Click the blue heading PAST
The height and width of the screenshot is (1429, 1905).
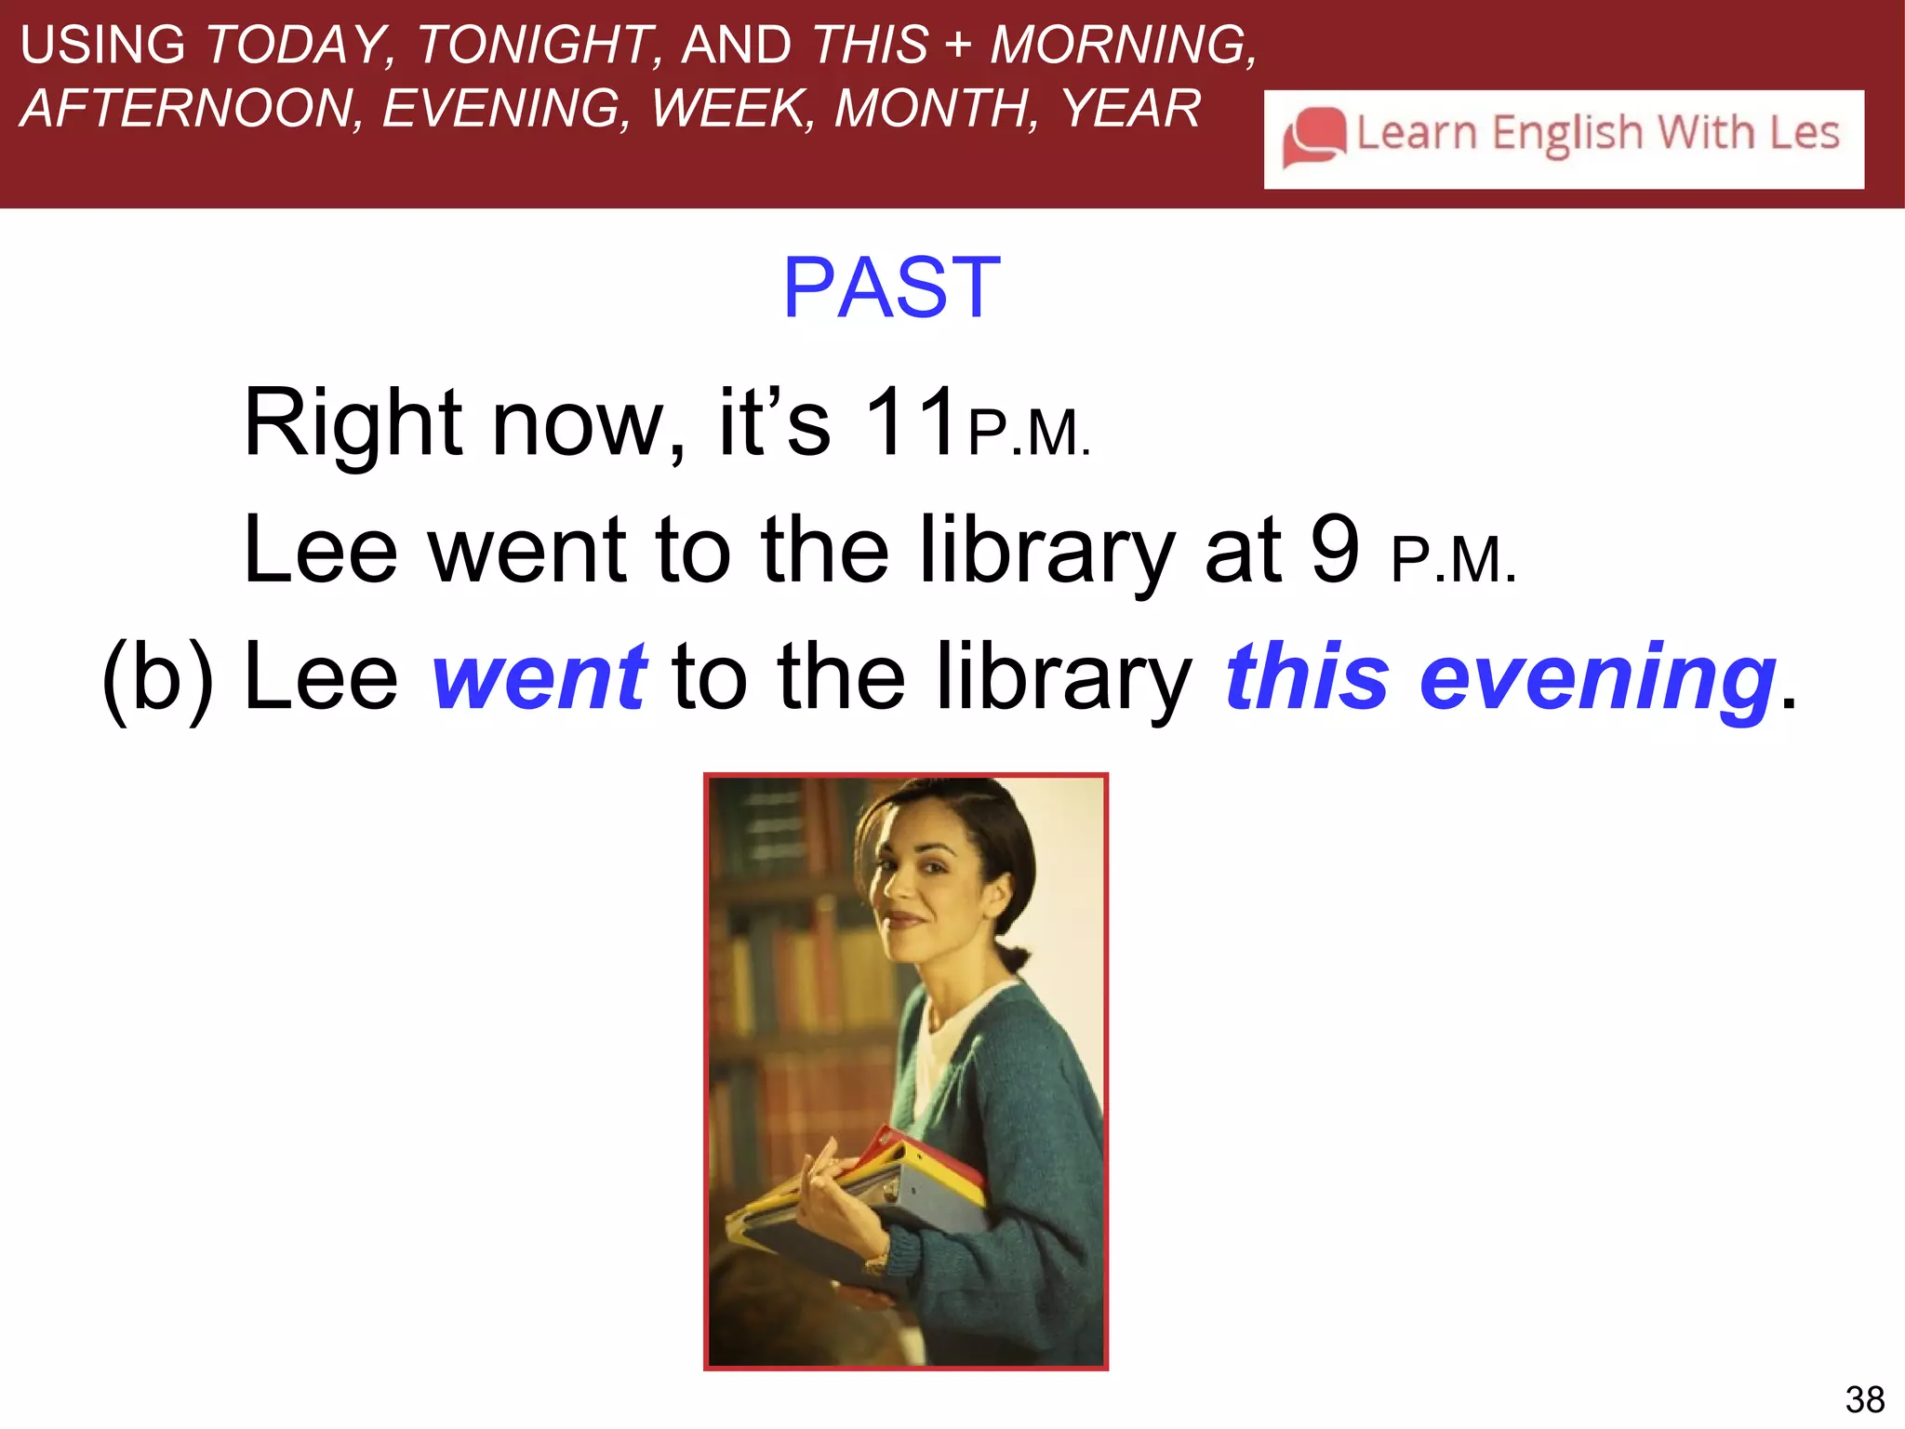pyautogui.click(x=891, y=288)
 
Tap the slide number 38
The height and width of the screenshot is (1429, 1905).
pyautogui.click(x=1864, y=1399)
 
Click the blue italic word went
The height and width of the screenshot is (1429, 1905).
pyautogui.click(x=539, y=677)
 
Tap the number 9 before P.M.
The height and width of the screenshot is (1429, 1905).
pyautogui.click(x=1335, y=551)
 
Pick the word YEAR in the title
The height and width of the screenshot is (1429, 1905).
pyautogui.click(x=1131, y=109)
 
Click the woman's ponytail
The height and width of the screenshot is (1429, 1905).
pyautogui.click(x=1014, y=958)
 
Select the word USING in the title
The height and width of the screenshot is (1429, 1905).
pyautogui.click(x=102, y=45)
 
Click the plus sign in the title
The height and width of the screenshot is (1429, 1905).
pyautogui.click(x=958, y=45)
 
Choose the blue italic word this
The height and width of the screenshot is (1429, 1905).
pyautogui.click(x=1307, y=677)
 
